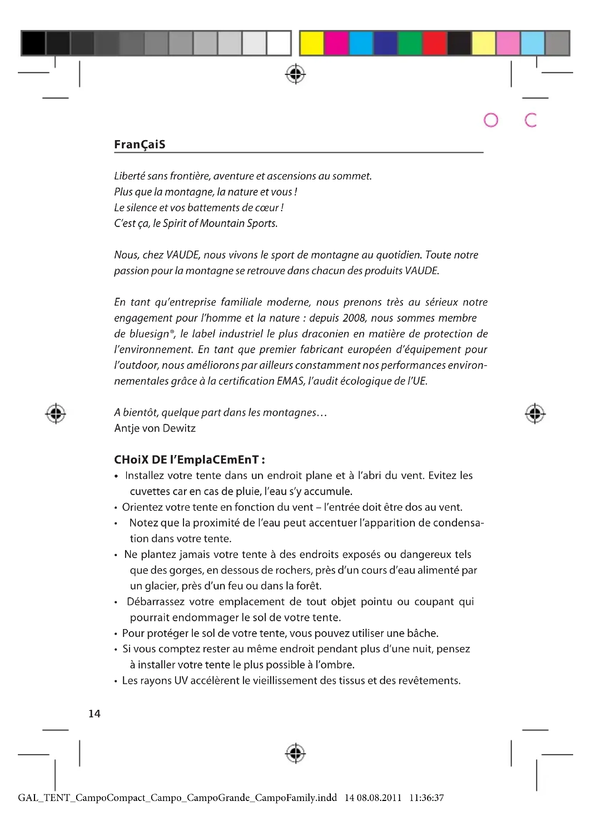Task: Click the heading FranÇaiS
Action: tap(140, 144)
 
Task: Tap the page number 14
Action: tap(94, 714)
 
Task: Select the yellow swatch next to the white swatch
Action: tap(312, 43)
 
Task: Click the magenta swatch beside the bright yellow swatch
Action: tap(336, 43)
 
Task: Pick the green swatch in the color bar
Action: tap(410, 43)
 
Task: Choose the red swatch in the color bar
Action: tap(434, 43)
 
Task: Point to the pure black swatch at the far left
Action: tap(34, 43)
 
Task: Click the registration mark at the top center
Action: tap(295, 75)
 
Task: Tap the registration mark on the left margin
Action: tap(56, 414)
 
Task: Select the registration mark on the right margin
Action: tap(535, 414)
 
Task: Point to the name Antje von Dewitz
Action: tap(155, 428)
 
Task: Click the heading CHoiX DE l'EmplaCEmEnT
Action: tap(189, 460)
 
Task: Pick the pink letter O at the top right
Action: tap(491, 120)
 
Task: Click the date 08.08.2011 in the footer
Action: tap(379, 798)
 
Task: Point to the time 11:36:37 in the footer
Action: tap(427, 798)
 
